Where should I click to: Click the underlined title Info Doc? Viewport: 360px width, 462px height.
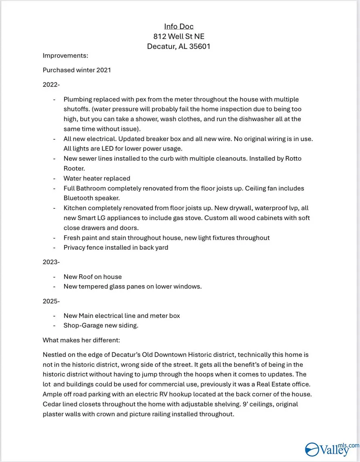coord(179,27)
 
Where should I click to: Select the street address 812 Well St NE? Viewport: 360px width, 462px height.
coord(179,36)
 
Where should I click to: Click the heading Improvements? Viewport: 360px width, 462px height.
coord(65,55)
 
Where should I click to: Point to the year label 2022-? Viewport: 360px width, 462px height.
coord(51,84)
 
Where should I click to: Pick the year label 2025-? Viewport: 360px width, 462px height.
coord(51,301)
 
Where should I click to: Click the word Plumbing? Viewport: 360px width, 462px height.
coord(77,100)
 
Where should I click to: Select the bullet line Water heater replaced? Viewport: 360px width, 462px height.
coord(97,178)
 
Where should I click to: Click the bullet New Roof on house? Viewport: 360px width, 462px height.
coord(93,277)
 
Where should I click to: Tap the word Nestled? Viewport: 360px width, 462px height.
coord(54,355)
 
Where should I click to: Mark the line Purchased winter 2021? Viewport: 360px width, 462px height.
coord(77,70)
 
